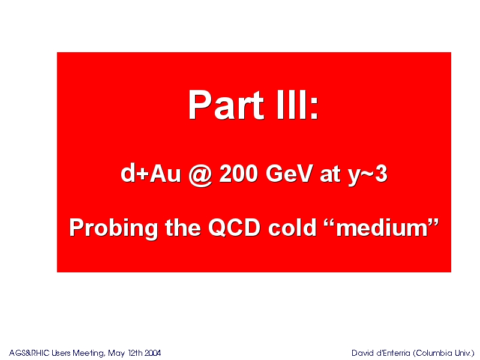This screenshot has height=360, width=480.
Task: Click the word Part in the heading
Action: tap(226, 104)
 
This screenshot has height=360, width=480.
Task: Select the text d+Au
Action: tap(151, 173)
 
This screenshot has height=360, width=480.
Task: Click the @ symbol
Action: tap(200, 175)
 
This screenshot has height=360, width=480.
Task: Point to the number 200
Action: tap(238, 173)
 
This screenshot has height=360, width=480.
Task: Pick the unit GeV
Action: tap(289, 173)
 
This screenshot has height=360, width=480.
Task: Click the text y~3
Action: tap(368, 175)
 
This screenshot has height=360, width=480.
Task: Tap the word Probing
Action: tap(113, 228)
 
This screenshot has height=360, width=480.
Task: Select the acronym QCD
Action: tap(234, 227)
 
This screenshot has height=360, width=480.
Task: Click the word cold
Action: tap(292, 227)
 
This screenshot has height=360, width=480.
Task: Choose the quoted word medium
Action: tap(382, 227)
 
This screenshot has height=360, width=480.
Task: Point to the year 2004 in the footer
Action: tap(152, 353)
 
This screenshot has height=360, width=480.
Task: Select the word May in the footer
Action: tap(116, 353)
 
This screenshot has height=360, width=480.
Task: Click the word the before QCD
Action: tap(183, 227)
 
